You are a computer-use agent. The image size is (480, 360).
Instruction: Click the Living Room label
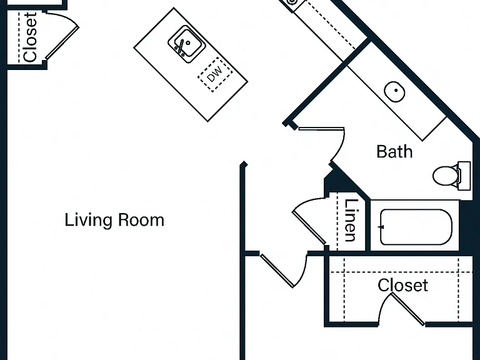pos(114,220)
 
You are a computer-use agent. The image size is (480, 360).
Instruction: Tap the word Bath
pos(394,151)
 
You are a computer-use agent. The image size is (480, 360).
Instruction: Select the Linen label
pos(351,220)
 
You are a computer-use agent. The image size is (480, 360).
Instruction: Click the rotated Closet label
pos(30,37)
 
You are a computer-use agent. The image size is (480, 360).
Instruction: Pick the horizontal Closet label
pos(402,285)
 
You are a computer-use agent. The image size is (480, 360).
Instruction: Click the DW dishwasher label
pos(214,74)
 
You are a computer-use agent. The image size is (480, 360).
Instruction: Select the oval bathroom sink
pos(394,91)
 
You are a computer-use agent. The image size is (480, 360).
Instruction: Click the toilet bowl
pos(445,176)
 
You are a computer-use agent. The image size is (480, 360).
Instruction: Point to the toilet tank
pos(464,176)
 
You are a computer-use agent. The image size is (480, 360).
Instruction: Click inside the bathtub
pos(416,227)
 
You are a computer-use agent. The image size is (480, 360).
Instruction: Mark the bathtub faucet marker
pos(381,227)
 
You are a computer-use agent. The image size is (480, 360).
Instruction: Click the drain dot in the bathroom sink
pos(396,90)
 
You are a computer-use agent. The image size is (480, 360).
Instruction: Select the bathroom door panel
pos(321,129)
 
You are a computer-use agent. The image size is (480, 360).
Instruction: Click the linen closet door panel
pos(309,227)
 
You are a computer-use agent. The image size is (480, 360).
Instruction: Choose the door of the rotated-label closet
pos(62,43)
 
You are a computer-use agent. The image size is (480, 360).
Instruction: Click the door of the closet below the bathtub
pos(408,309)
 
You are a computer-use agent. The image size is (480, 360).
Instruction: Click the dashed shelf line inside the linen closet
pos(337,222)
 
